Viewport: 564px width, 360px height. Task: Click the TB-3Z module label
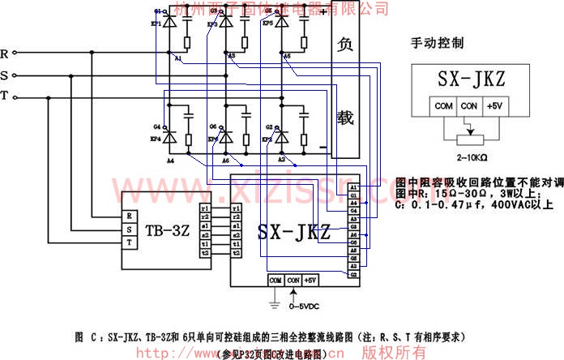pyautogui.click(x=169, y=230)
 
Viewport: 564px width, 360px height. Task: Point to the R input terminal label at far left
pyautogui.click(x=6, y=54)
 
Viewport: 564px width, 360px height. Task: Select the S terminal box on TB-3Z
pyautogui.click(x=128, y=230)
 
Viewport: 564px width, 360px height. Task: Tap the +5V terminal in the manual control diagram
pyautogui.click(x=493, y=105)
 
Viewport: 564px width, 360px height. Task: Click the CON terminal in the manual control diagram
pyautogui.click(x=468, y=105)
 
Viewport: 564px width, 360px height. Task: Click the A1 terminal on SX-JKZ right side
pyautogui.click(x=353, y=188)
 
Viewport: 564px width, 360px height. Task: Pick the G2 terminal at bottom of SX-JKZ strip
pyautogui.click(x=353, y=274)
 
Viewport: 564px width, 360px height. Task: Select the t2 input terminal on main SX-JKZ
pyautogui.click(x=236, y=253)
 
